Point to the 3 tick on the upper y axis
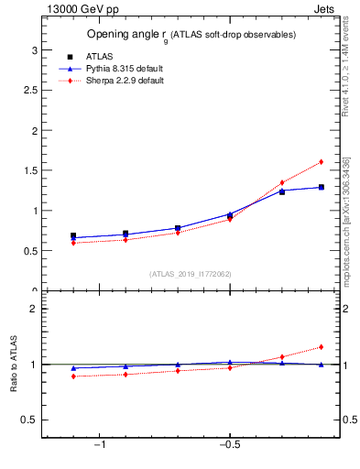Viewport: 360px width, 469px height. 34,49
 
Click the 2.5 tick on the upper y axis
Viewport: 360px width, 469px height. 30,90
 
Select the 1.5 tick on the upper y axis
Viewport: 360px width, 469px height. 30,170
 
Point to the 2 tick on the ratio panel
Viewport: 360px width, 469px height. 34,309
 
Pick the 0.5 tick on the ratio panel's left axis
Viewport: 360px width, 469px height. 30,420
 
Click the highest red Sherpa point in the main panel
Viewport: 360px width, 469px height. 321,162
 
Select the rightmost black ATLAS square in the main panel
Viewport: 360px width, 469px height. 321,187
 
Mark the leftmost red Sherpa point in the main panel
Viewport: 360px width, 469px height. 73,243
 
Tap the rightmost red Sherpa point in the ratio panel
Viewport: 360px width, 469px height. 321,347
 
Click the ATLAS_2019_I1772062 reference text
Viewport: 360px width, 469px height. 191,273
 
